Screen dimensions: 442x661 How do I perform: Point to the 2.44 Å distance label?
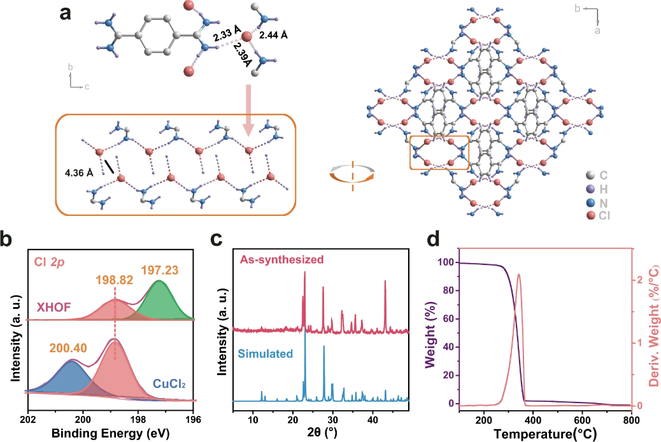point(273,36)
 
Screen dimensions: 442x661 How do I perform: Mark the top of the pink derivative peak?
point(519,274)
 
